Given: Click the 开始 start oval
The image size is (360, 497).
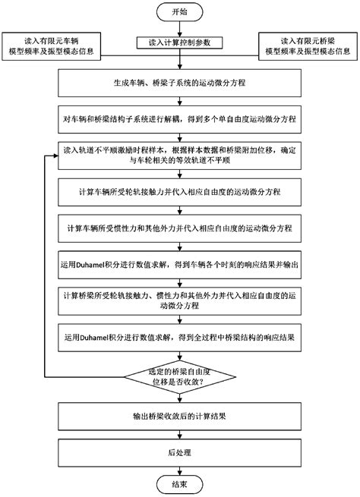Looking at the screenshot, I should click(x=180, y=13).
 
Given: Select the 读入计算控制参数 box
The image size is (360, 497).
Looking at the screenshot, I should click(x=180, y=42).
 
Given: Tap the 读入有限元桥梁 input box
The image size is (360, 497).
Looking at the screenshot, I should click(x=308, y=45).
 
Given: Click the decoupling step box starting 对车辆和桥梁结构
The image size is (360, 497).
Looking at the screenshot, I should click(x=180, y=120).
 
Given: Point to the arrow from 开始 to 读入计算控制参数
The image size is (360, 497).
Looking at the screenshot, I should click(x=180, y=29).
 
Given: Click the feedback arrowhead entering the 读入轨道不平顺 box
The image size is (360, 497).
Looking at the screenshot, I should click(x=56, y=157).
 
